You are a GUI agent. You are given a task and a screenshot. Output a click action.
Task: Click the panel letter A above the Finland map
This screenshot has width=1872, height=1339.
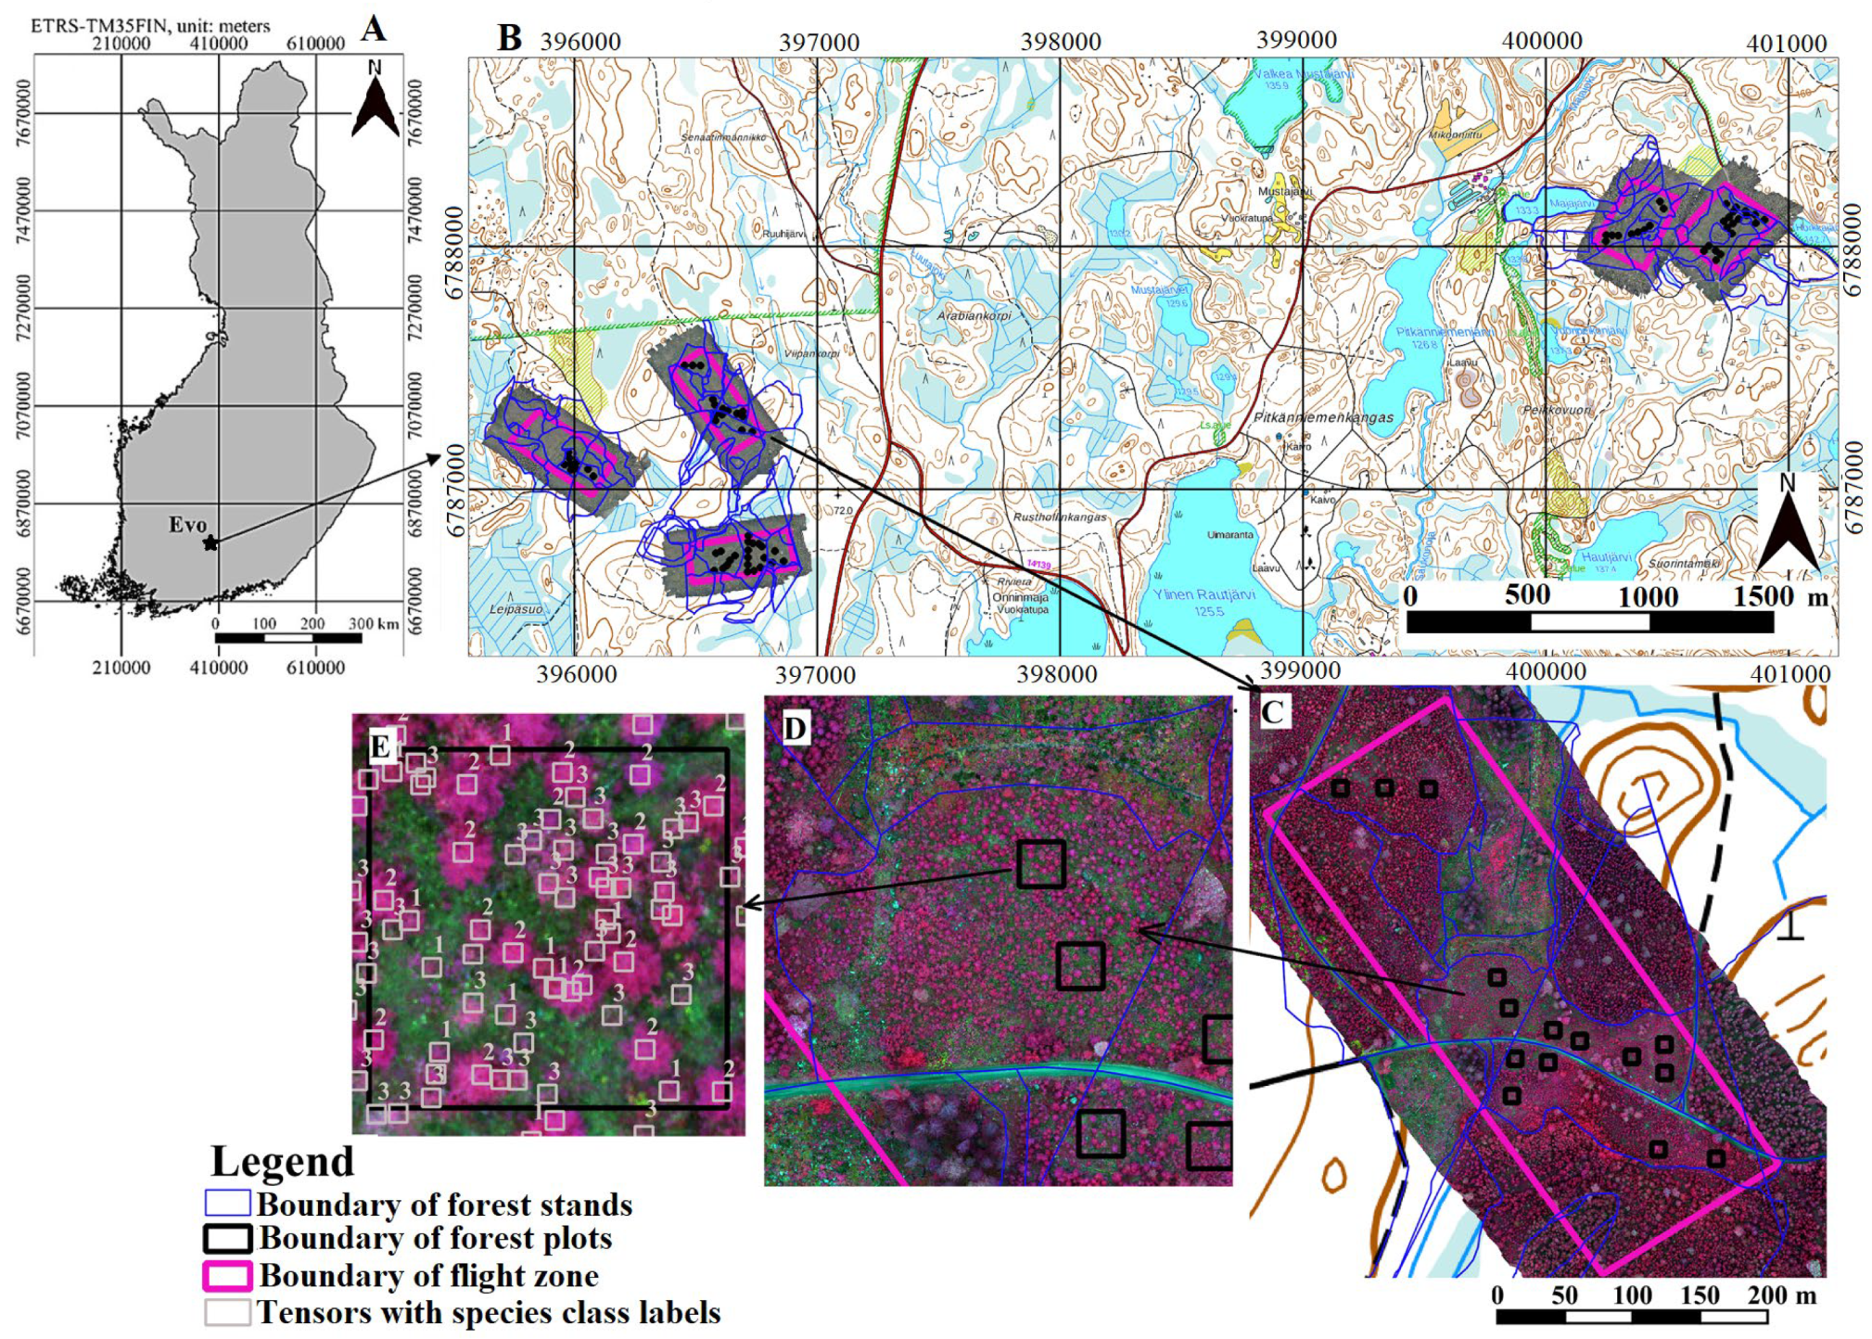pyautogui.click(x=373, y=29)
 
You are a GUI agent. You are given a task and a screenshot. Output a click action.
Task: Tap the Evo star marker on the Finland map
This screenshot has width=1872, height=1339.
pyautogui.click(x=210, y=542)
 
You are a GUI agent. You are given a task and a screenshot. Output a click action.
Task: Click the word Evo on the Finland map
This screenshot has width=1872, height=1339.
pyautogui.click(x=187, y=525)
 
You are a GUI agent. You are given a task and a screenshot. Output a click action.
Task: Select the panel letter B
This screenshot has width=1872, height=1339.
pyautogui.click(x=509, y=38)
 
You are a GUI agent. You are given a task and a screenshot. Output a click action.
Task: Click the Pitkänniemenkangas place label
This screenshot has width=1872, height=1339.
pyautogui.click(x=1323, y=417)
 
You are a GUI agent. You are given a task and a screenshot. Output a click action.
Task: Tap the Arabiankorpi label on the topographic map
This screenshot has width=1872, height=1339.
pyautogui.click(x=974, y=315)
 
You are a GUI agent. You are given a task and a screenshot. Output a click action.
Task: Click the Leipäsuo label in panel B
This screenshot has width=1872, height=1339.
pyautogui.click(x=516, y=609)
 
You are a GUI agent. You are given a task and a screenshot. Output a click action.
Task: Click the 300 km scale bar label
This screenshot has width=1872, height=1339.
pyautogui.click(x=373, y=623)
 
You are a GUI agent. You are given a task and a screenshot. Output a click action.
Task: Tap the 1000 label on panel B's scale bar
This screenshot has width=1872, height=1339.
pyautogui.click(x=1648, y=597)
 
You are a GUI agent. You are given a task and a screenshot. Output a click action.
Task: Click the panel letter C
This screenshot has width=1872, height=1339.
pyautogui.click(x=1272, y=712)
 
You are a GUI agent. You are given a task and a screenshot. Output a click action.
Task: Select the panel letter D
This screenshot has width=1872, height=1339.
pyautogui.click(x=795, y=729)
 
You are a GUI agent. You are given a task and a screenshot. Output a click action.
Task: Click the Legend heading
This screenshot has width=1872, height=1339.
pyautogui.click(x=283, y=1162)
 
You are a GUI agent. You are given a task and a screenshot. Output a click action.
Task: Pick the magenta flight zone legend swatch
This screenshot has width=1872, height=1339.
pyautogui.click(x=227, y=1276)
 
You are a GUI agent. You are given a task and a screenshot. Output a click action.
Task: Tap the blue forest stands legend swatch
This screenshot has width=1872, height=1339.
pyautogui.click(x=227, y=1204)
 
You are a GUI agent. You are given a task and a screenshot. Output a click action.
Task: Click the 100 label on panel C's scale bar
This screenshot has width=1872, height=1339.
pyautogui.click(x=1632, y=1294)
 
